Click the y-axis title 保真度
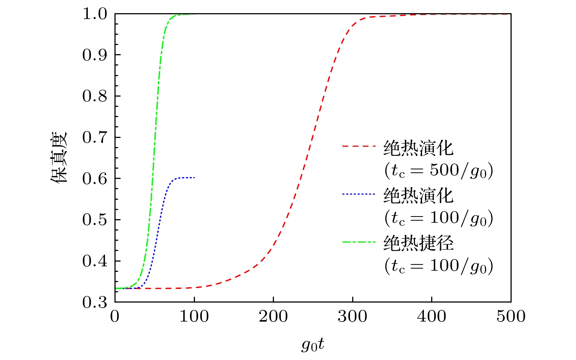click(x=60, y=158)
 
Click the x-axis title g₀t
click(x=313, y=344)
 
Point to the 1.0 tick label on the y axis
click(x=95, y=14)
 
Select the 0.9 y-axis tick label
click(x=95, y=55)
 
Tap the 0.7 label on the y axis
click(x=95, y=138)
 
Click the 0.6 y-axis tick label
click(x=95, y=179)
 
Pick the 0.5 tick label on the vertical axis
click(x=95, y=220)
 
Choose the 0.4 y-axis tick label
click(x=95, y=261)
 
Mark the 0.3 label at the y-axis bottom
click(x=95, y=303)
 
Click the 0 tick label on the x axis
click(x=115, y=316)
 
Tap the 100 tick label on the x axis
click(x=194, y=316)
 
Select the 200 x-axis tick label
click(x=273, y=316)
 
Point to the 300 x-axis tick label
click(x=353, y=316)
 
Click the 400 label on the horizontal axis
click(x=432, y=316)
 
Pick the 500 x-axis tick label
click(x=511, y=316)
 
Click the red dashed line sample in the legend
click(x=359, y=146)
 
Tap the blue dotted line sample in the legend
click(x=359, y=194)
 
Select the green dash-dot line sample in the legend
click(x=359, y=241)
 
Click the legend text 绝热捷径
click(x=418, y=243)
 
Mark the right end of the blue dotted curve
click(x=194, y=177)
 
